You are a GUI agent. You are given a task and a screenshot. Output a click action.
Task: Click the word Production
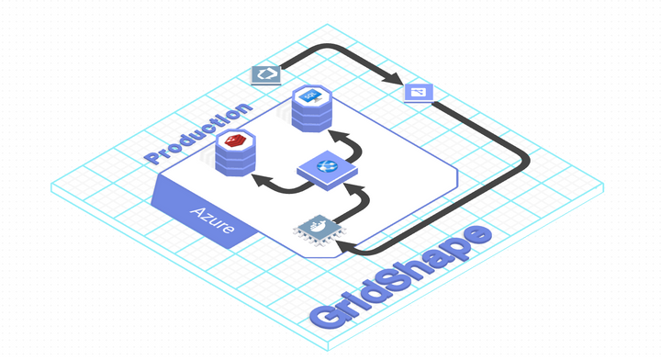pyautogui.click(x=197, y=134)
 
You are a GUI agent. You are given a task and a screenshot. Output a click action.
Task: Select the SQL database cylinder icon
pyautogui.click(x=308, y=108)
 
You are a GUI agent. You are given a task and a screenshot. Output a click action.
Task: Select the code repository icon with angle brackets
pyautogui.click(x=266, y=74)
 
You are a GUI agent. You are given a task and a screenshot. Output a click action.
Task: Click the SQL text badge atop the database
pyautogui.click(x=309, y=96)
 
